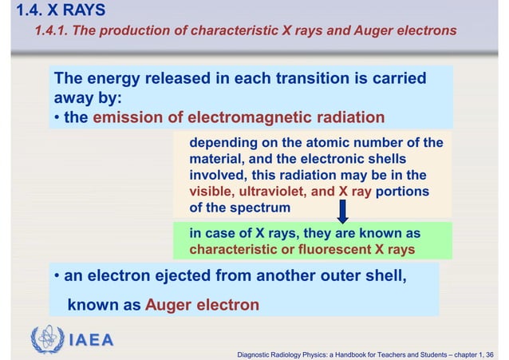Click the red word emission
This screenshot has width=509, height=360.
tap(128, 118)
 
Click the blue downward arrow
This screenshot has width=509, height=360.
tap(342, 211)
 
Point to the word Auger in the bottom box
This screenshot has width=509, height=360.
tap(168, 305)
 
